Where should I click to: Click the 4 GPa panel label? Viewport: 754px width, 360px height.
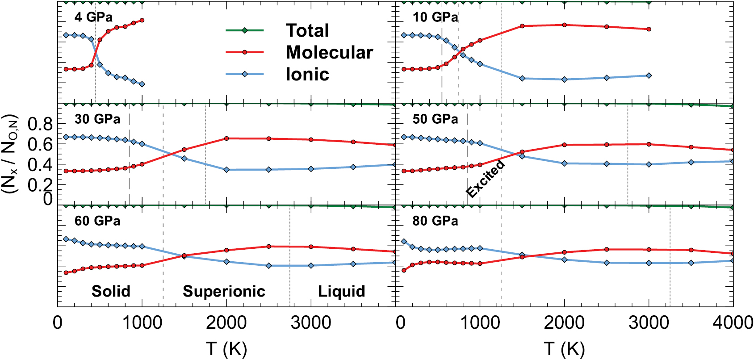(93, 17)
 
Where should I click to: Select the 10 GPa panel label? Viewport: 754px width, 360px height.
(435, 17)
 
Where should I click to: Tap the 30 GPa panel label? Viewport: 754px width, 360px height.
(97, 119)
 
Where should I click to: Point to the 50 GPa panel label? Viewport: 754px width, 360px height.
(435, 119)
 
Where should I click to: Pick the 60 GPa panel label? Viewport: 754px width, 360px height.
(97, 221)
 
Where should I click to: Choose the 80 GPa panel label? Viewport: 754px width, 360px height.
(435, 221)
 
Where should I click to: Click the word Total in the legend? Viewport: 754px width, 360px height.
(307, 30)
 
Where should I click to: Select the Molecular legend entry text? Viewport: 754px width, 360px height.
(329, 52)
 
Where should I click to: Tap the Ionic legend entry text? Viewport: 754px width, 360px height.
(307, 74)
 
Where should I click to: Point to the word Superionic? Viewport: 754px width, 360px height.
(224, 291)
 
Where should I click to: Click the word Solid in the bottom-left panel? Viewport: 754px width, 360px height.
(111, 291)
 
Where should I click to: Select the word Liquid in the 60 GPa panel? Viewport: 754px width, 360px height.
(341, 291)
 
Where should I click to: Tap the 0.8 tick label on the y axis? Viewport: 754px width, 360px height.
(41, 125)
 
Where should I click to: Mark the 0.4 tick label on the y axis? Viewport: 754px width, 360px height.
(41, 165)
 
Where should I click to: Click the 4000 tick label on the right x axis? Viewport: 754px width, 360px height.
(733, 323)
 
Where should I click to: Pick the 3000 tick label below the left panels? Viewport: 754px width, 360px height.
(311, 323)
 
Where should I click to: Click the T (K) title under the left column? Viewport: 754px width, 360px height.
(226, 349)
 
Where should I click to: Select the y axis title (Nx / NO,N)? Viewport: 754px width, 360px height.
(10, 154)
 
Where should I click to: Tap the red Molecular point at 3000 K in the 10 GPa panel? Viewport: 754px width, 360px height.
(649, 29)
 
